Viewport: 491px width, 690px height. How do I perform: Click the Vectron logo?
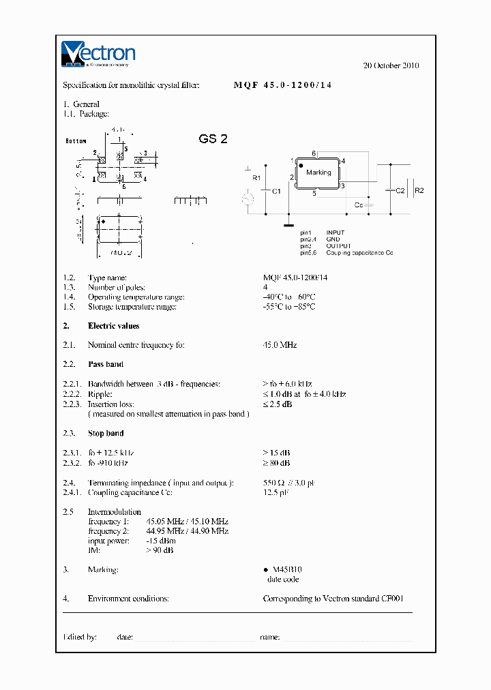tap(98, 54)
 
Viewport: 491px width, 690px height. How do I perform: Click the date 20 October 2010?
tap(391, 65)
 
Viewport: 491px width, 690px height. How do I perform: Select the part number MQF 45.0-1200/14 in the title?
tap(283, 85)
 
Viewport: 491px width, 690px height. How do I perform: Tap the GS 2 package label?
tap(213, 139)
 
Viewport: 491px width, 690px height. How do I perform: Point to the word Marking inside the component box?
tap(318, 172)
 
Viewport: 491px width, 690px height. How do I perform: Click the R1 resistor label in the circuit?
tap(256, 178)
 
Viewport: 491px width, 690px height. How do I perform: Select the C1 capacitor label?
tap(276, 192)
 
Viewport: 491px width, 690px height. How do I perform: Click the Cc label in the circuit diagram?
tap(359, 205)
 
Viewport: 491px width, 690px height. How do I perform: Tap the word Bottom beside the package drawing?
tap(76, 141)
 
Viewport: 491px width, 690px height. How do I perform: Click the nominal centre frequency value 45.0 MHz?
tap(280, 346)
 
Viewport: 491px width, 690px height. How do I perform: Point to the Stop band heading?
tap(106, 434)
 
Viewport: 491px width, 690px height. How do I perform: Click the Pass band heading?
tap(106, 365)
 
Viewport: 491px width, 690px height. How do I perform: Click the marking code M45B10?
tap(287, 569)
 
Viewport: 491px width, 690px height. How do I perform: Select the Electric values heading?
tap(113, 326)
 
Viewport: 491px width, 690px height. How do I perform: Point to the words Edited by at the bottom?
tap(80, 637)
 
